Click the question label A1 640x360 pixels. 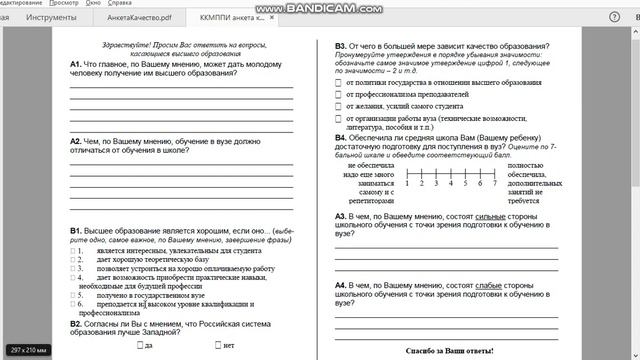click(76, 64)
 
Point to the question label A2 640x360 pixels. click(76, 141)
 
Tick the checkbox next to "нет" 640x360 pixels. click(218, 345)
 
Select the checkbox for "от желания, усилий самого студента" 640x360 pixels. click(338, 106)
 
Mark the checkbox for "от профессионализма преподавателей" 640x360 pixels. click(338, 94)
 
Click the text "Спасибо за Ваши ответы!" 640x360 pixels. click(450, 351)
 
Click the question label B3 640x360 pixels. click(341, 46)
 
